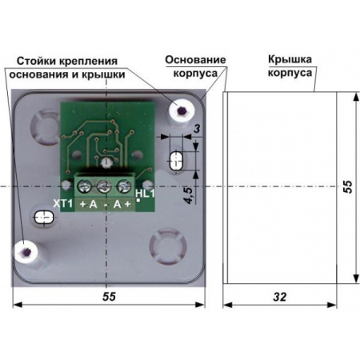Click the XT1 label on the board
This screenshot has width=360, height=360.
pyautogui.click(x=63, y=203)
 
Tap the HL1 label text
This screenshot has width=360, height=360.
pyautogui.click(x=145, y=193)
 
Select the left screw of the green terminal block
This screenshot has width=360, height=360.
pyautogui.click(x=84, y=186)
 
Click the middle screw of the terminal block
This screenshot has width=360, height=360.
pyautogui.click(x=104, y=186)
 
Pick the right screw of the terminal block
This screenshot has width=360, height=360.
pyautogui.click(x=124, y=186)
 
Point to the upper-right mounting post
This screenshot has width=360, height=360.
pyautogui.click(x=181, y=110)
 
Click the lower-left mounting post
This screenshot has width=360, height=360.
pyautogui.click(x=26, y=251)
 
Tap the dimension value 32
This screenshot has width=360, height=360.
pyautogui.click(x=279, y=297)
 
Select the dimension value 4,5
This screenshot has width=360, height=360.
pyautogui.click(x=189, y=195)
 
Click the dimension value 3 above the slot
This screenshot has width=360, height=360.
pyautogui.click(x=197, y=129)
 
